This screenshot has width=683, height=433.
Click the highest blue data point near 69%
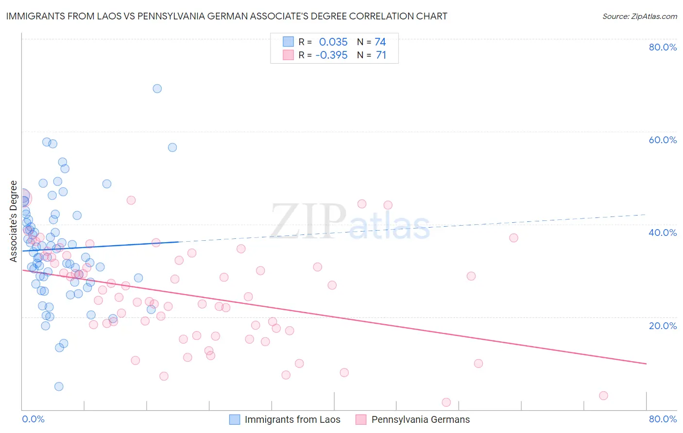(157, 88)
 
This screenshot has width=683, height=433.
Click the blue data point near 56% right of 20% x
(172, 148)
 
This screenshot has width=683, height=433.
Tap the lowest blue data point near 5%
(59, 386)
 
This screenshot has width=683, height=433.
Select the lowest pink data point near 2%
(446, 402)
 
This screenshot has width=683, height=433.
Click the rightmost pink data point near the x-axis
(603, 396)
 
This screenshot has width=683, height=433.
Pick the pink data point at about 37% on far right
(513, 238)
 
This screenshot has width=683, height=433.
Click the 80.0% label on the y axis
(663, 47)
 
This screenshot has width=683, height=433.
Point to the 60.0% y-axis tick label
(663, 140)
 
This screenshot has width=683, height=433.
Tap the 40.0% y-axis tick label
(663, 233)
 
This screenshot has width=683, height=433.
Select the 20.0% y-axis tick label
(663, 325)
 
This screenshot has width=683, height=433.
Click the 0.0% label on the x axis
(33, 419)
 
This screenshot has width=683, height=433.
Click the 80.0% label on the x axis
(663, 419)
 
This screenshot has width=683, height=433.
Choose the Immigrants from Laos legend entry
(292, 419)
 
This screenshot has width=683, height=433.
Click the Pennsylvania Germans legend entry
(420, 419)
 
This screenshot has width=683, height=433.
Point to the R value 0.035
(333, 42)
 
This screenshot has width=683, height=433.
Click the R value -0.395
(331, 55)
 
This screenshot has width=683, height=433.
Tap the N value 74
(380, 42)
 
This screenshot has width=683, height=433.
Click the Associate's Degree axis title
(14, 221)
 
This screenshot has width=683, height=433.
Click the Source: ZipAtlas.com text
(639, 17)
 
